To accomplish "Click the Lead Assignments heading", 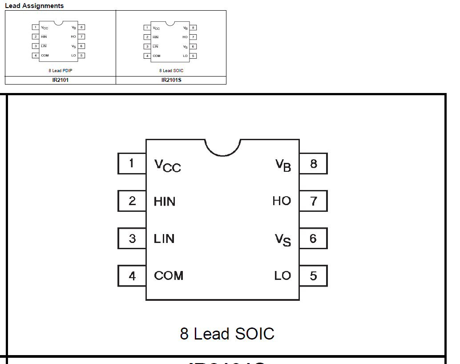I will click(34, 6).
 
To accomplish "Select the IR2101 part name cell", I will click(60, 81).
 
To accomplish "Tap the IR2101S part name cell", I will click(171, 81).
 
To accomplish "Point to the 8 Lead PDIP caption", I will click(60, 70).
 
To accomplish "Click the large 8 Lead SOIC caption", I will click(227, 334).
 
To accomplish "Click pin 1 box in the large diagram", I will click(132, 163).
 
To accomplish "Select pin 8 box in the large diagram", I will click(313, 164).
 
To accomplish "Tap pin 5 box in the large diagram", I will click(313, 276).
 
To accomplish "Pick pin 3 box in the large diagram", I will click(132, 239).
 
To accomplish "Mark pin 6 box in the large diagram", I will click(313, 239).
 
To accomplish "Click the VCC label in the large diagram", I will click(167, 165).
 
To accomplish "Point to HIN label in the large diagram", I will click(165, 202).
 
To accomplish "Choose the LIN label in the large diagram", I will click(164, 239).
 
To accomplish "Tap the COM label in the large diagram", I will click(169, 276).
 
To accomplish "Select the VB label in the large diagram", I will click(283, 165).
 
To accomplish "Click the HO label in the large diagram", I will click(282, 201).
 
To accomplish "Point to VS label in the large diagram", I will click(283, 240).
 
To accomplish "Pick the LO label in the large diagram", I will click(282, 276).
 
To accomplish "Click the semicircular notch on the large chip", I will click(222, 147).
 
